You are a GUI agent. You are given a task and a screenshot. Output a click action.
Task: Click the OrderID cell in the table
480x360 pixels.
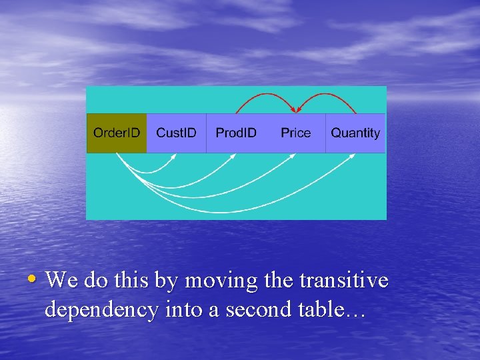[x=117, y=133]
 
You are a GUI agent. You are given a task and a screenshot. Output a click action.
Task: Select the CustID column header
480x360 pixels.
[x=176, y=133]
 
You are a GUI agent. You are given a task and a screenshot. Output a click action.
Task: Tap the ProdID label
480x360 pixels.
[x=236, y=133]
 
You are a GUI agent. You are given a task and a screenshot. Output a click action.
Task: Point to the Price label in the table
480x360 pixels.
[x=295, y=133]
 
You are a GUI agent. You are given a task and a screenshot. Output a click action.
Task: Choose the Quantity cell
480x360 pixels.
[x=355, y=133]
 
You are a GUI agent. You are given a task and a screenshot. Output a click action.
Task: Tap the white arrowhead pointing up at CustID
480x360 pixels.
[x=174, y=157]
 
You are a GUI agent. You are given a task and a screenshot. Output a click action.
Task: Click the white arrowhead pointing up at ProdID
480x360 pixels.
[x=233, y=157]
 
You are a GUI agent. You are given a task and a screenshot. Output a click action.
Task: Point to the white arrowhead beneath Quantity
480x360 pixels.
[x=353, y=157]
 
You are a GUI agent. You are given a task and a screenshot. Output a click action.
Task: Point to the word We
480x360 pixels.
[x=61, y=281]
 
